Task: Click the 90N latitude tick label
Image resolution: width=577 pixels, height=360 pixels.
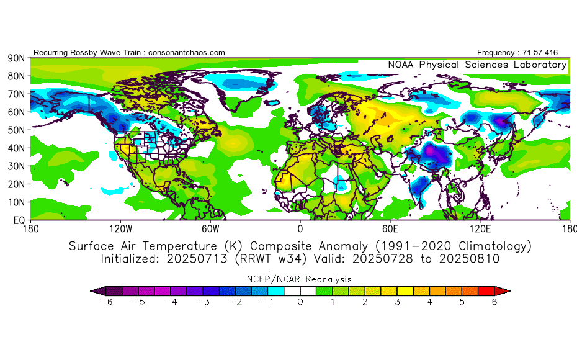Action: point(16,58)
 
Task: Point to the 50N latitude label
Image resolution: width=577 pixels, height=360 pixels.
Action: point(16,130)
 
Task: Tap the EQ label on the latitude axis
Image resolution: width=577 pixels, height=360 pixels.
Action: point(19,220)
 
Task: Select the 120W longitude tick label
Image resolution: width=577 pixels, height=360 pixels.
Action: point(121,229)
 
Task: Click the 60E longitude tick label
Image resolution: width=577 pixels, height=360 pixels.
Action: point(390,229)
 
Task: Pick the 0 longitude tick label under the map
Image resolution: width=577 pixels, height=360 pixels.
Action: point(300,229)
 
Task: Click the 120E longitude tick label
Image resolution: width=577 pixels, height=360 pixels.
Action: point(480,229)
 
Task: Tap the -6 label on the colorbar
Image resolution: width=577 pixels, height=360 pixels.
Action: point(106,302)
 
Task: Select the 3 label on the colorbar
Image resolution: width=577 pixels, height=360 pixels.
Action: point(398,302)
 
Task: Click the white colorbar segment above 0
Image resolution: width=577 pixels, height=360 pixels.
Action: point(300,291)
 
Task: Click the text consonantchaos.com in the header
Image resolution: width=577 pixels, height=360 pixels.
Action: point(187,53)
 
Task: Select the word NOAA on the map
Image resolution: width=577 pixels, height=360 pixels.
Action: point(400,65)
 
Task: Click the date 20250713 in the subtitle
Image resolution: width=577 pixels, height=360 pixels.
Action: point(197,259)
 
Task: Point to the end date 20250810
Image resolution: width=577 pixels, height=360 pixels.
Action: point(470,259)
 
